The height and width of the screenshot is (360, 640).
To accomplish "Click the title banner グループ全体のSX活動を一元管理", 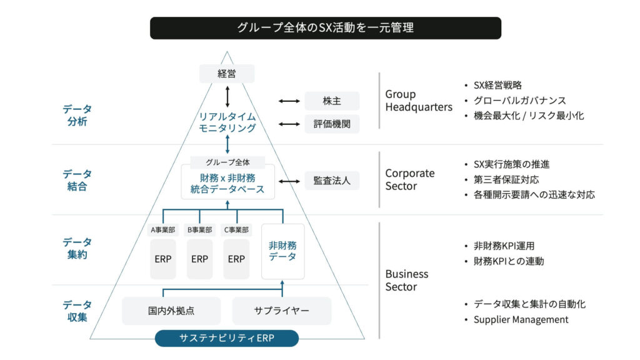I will pyautogui.click(x=325, y=28).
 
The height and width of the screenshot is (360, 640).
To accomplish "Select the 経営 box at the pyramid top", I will pyautogui.click(x=227, y=74).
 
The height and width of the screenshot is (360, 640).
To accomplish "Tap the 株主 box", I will pyautogui.click(x=332, y=101).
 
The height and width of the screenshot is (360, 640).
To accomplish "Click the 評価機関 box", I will pyautogui.click(x=332, y=124).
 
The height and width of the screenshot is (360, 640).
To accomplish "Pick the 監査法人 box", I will pyautogui.click(x=332, y=181).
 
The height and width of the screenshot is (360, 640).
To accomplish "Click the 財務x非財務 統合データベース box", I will pyautogui.click(x=227, y=182).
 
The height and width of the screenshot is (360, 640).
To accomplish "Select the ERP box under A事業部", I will pyautogui.click(x=163, y=259).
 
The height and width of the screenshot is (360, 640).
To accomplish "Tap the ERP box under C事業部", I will pyautogui.click(x=236, y=259).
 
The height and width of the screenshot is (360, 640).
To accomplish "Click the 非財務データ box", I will pyautogui.click(x=282, y=251).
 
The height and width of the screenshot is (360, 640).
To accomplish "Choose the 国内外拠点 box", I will pyautogui.click(x=171, y=311).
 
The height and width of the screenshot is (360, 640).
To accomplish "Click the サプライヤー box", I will pyautogui.click(x=281, y=311).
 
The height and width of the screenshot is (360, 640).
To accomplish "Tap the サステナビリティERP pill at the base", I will pyautogui.click(x=227, y=338).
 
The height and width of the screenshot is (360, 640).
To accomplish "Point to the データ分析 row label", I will pyautogui.click(x=77, y=115).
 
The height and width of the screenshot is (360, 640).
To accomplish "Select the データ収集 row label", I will pyautogui.click(x=77, y=311).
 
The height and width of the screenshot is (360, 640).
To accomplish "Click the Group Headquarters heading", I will pyautogui.click(x=418, y=101).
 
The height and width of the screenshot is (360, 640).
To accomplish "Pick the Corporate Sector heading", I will pyautogui.click(x=409, y=179).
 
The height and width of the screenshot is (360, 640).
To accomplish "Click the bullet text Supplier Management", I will pyautogui.click(x=521, y=319).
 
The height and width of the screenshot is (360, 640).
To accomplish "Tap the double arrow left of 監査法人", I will pyautogui.click(x=289, y=181).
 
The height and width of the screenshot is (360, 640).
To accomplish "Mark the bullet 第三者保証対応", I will pyautogui.click(x=506, y=179).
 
